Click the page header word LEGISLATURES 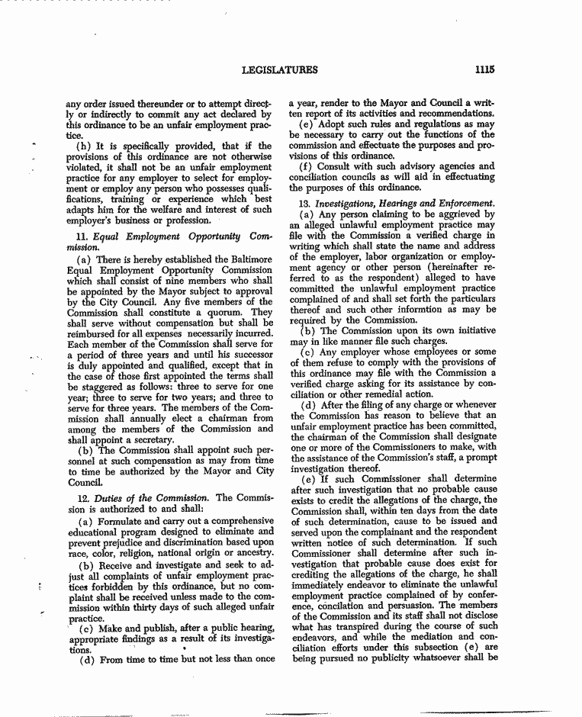(x=279, y=69)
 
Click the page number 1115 (x=484, y=69)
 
